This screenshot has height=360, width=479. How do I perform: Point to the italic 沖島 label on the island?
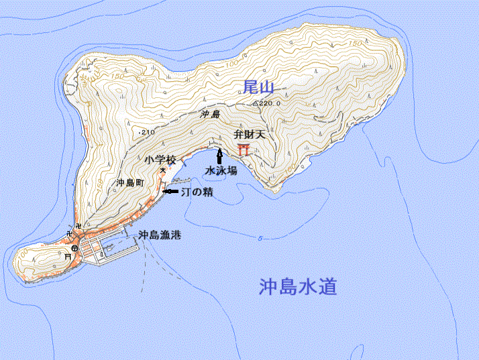point(210,115)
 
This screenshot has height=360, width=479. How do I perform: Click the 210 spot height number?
point(148,133)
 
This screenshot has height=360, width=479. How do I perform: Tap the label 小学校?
point(160,160)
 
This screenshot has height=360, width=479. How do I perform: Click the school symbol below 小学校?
point(162,171)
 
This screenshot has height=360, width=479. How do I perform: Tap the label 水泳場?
point(221,170)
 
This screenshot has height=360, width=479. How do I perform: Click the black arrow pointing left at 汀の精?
point(170,192)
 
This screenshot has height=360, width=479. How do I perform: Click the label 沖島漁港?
point(160,235)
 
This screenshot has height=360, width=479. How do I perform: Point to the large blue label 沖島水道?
point(297,288)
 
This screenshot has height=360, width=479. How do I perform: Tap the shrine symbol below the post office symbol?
point(67,257)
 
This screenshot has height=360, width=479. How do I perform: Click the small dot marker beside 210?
point(139,133)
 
